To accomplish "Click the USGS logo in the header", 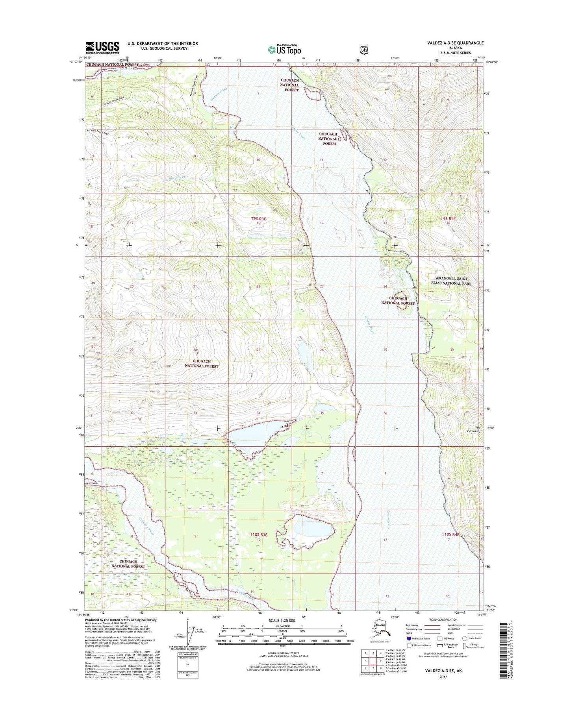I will point(102,48).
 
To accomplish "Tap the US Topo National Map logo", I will point(284,49).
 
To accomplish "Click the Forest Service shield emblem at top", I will point(364,50).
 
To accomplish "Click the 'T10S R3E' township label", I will point(259,535).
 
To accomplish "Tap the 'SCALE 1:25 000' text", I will point(282,620).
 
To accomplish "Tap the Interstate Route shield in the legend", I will point(409,638).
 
